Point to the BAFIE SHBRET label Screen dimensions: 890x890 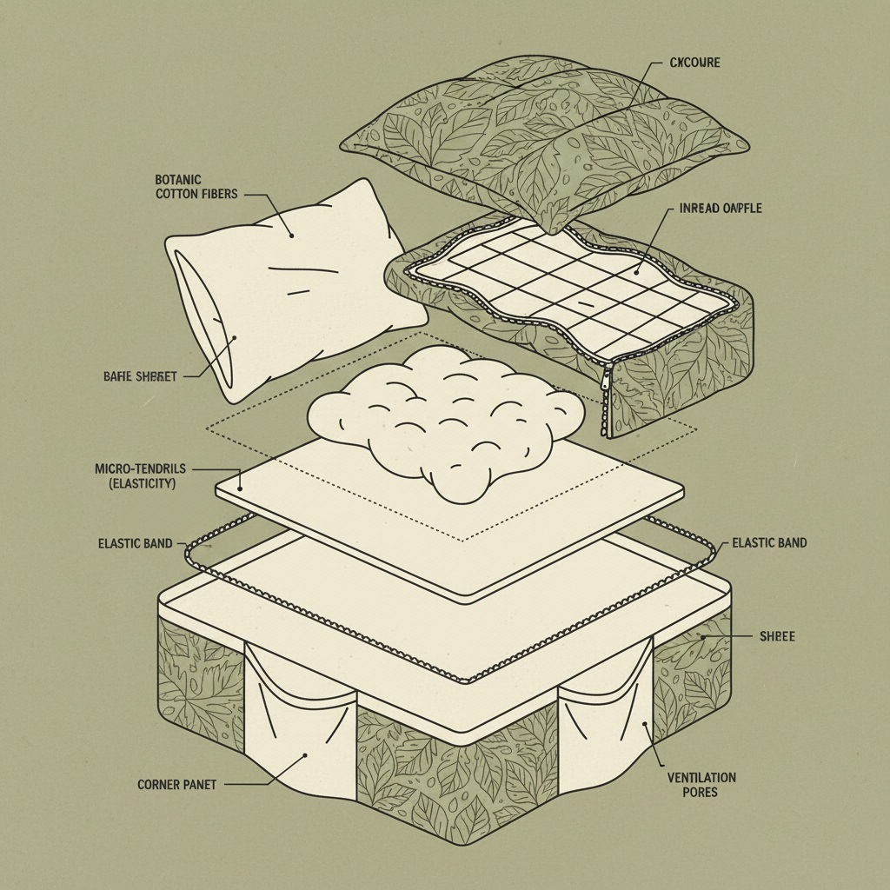[140, 376]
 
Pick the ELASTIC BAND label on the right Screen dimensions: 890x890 [769, 542]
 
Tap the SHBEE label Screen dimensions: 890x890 [776, 637]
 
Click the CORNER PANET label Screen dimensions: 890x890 [176, 784]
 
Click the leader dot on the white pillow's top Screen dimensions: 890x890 [291, 235]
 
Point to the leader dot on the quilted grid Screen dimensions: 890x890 [637, 270]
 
